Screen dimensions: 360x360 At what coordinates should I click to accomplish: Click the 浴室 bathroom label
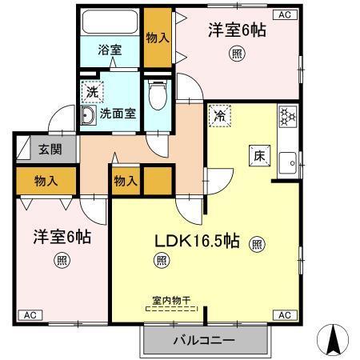[110, 50]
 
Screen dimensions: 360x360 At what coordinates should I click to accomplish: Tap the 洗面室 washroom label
[117, 113]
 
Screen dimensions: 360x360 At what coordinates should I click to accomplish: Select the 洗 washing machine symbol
[93, 91]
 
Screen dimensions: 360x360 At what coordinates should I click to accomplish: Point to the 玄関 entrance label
[50, 149]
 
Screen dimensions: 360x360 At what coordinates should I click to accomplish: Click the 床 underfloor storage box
[261, 156]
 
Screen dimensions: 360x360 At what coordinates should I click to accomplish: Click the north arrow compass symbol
[336, 341]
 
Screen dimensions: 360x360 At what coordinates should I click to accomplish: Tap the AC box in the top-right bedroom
[286, 14]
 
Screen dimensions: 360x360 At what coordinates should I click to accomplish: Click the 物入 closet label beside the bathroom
[157, 36]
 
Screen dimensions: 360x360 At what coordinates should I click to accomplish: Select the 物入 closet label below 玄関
[46, 181]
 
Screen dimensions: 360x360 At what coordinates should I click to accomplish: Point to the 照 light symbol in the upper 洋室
[237, 54]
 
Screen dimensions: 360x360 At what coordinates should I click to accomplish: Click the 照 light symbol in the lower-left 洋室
[61, 259]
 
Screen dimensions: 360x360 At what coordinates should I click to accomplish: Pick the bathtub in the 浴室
[110, 22]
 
